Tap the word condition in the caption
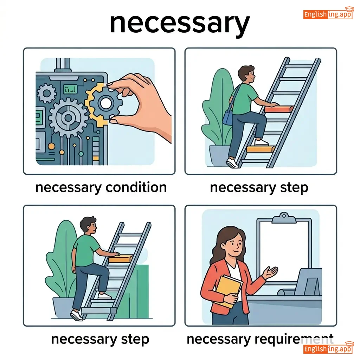[136, 187]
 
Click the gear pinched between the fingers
[105, 103]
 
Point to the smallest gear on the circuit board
[47, 93]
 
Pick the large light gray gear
[68, 118]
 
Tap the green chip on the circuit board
[70, 89]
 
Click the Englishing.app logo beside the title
[328, 14]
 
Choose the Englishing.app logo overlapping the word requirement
[328, 348]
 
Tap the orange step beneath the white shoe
[261, 149]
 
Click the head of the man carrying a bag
[246, 74]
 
